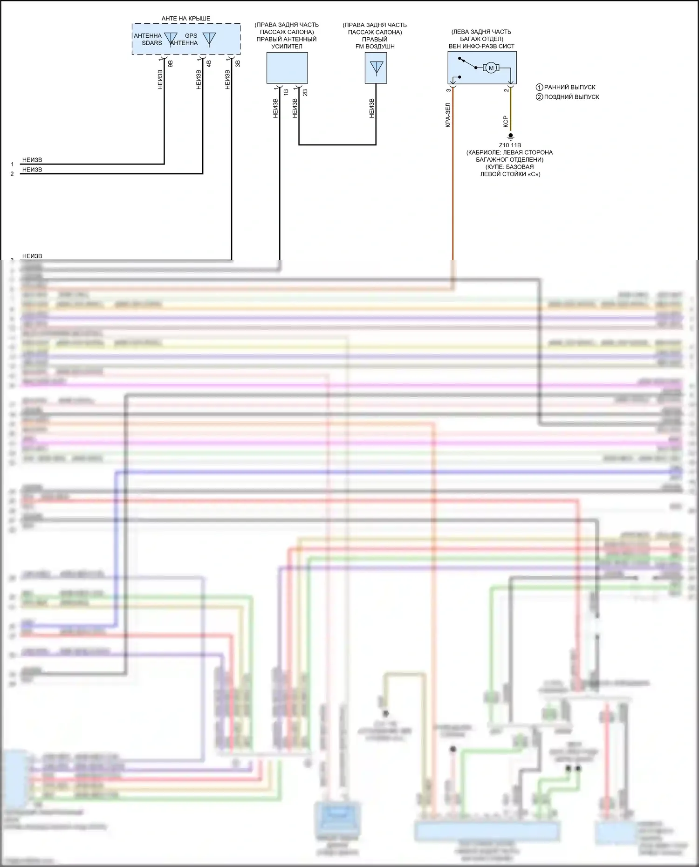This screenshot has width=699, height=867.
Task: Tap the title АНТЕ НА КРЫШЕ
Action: (186, 19)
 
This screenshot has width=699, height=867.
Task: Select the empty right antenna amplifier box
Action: (287, 68)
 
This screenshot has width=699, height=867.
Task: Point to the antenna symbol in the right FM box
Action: (376, 68)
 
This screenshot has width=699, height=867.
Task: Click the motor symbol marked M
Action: (491, 68)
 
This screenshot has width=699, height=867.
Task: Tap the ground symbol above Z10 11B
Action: (510, 137)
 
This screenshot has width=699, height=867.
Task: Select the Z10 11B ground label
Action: (510, 145)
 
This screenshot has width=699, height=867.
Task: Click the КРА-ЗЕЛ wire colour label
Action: (448, 115)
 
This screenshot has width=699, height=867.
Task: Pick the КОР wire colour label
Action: (506, 122)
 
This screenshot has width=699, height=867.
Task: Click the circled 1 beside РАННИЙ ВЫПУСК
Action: (539, 87)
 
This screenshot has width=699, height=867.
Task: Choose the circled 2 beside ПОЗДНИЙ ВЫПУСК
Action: (539, 97)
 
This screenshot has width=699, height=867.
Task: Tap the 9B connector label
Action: (171, 64)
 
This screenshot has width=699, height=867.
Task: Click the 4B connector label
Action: (209, 64)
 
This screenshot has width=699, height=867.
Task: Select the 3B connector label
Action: (238, 64)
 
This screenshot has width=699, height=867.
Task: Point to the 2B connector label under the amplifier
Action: (305, 92)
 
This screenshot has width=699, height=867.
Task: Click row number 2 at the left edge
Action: (12, 174)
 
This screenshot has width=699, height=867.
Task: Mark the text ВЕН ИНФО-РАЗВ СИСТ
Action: (481, 46)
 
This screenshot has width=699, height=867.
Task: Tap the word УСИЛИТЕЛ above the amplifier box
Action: (287, 46)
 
